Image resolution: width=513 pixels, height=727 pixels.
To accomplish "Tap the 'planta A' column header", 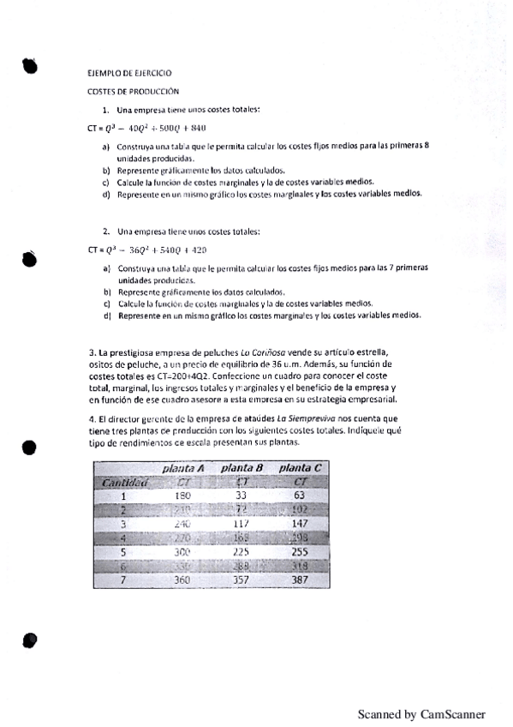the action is click(182, 468).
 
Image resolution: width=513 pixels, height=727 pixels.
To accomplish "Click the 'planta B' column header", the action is click(241, 468).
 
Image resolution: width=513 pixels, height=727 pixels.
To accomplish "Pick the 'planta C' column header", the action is click(300, 468).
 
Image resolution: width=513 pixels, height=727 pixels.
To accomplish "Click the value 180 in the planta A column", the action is click(182, 496).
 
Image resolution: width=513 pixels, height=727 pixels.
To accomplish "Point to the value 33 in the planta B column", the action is click(241, 496).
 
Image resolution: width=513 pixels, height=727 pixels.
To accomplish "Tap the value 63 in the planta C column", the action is click(300, 496).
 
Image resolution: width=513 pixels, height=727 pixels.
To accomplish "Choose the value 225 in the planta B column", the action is click(241, 553).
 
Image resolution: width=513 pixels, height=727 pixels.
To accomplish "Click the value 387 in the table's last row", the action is click(300, 581).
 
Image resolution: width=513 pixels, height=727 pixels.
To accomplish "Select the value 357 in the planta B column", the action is click(241, 581).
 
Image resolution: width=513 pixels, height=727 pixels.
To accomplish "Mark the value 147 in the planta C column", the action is click(300, 524).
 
